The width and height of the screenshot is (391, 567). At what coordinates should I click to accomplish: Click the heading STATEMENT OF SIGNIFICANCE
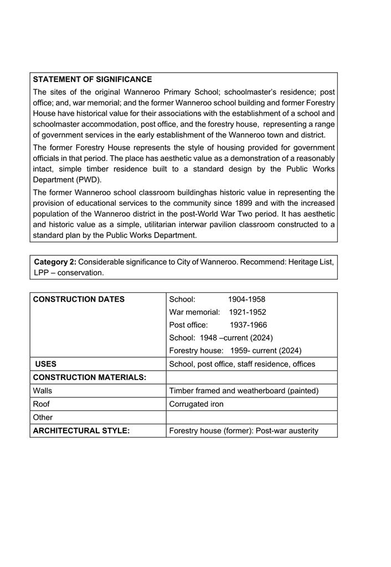pos(92,79)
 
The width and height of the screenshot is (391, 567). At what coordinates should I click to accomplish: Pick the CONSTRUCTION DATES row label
pos(79,300)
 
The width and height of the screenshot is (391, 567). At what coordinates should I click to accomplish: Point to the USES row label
pos(45,364)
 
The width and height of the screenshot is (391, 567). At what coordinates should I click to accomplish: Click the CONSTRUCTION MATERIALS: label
pos(89,378)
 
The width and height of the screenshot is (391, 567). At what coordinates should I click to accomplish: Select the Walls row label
pos(43,391)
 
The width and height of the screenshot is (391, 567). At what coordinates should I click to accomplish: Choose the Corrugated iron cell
pos(196,404)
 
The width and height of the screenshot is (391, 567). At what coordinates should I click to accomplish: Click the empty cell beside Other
pos(251,417)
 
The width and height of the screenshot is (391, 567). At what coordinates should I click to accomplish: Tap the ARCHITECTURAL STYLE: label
pos(81,431)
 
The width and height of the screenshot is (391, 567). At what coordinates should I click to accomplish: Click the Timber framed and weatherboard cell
pos(244,391)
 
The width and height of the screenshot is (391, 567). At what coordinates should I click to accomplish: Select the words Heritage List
pos(311,262)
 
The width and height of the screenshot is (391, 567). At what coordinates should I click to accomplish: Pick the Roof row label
pos(41,404)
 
